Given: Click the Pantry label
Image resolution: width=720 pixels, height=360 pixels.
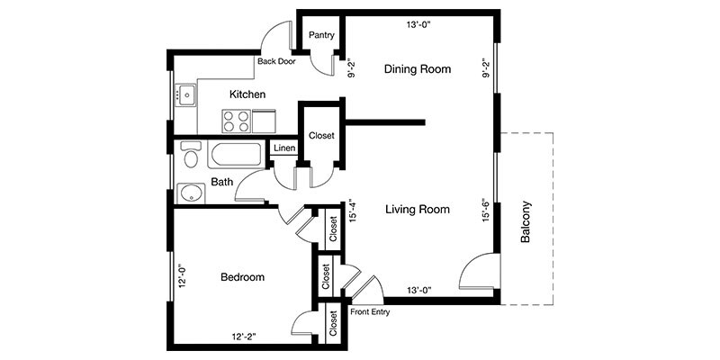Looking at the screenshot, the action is pos(321,35).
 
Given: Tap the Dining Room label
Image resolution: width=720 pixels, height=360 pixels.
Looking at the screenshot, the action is pos(418,69).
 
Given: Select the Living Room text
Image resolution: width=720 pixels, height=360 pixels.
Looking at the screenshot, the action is pos(418,210).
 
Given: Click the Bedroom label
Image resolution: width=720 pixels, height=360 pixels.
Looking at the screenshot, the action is pos(242,277).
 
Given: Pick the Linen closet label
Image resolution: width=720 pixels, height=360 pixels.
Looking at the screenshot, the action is pos(284,148).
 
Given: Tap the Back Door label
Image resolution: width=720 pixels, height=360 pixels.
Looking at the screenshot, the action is pos(276,61).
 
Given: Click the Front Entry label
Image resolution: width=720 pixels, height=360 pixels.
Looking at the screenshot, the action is pos(370,312).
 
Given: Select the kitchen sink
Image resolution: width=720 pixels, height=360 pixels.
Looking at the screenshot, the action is pos(187,95).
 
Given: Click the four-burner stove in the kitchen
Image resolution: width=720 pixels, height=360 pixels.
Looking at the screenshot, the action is pos(236,121).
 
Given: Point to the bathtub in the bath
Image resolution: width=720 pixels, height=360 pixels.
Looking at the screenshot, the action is pos(237,154).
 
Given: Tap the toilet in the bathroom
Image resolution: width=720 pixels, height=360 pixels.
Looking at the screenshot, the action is pos(191,155).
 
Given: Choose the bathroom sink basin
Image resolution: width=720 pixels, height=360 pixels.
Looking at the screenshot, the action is pos(191,193).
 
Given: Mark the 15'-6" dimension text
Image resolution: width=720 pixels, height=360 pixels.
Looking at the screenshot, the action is pos(486,211).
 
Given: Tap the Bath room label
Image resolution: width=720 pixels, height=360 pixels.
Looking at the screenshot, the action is pos(221,182).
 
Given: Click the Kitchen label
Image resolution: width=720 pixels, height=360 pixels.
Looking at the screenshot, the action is pos(247,94).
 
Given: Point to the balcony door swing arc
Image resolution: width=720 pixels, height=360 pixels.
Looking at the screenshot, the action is pos(466,263).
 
